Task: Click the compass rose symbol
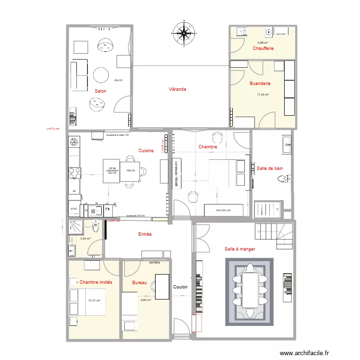[x=183, y=33]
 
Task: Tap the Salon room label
[x=100, y=91]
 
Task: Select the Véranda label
[x=177, y=89]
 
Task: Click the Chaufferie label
[x=263, y=48]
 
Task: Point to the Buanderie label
[x=260, y=84]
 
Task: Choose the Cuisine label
[x=146, y=151]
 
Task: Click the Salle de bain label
[x=270, y=168]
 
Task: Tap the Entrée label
[x=144, y=234]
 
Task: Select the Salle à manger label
[x=240, y=249]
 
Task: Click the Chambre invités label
[x=96, y=282]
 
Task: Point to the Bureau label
[x=139, y=283]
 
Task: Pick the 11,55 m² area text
[x=263, y=95]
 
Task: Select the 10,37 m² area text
[x=94, y=300]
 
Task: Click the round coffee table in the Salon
[x=101, y=75]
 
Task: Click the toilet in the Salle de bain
[x=284, y=180]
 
